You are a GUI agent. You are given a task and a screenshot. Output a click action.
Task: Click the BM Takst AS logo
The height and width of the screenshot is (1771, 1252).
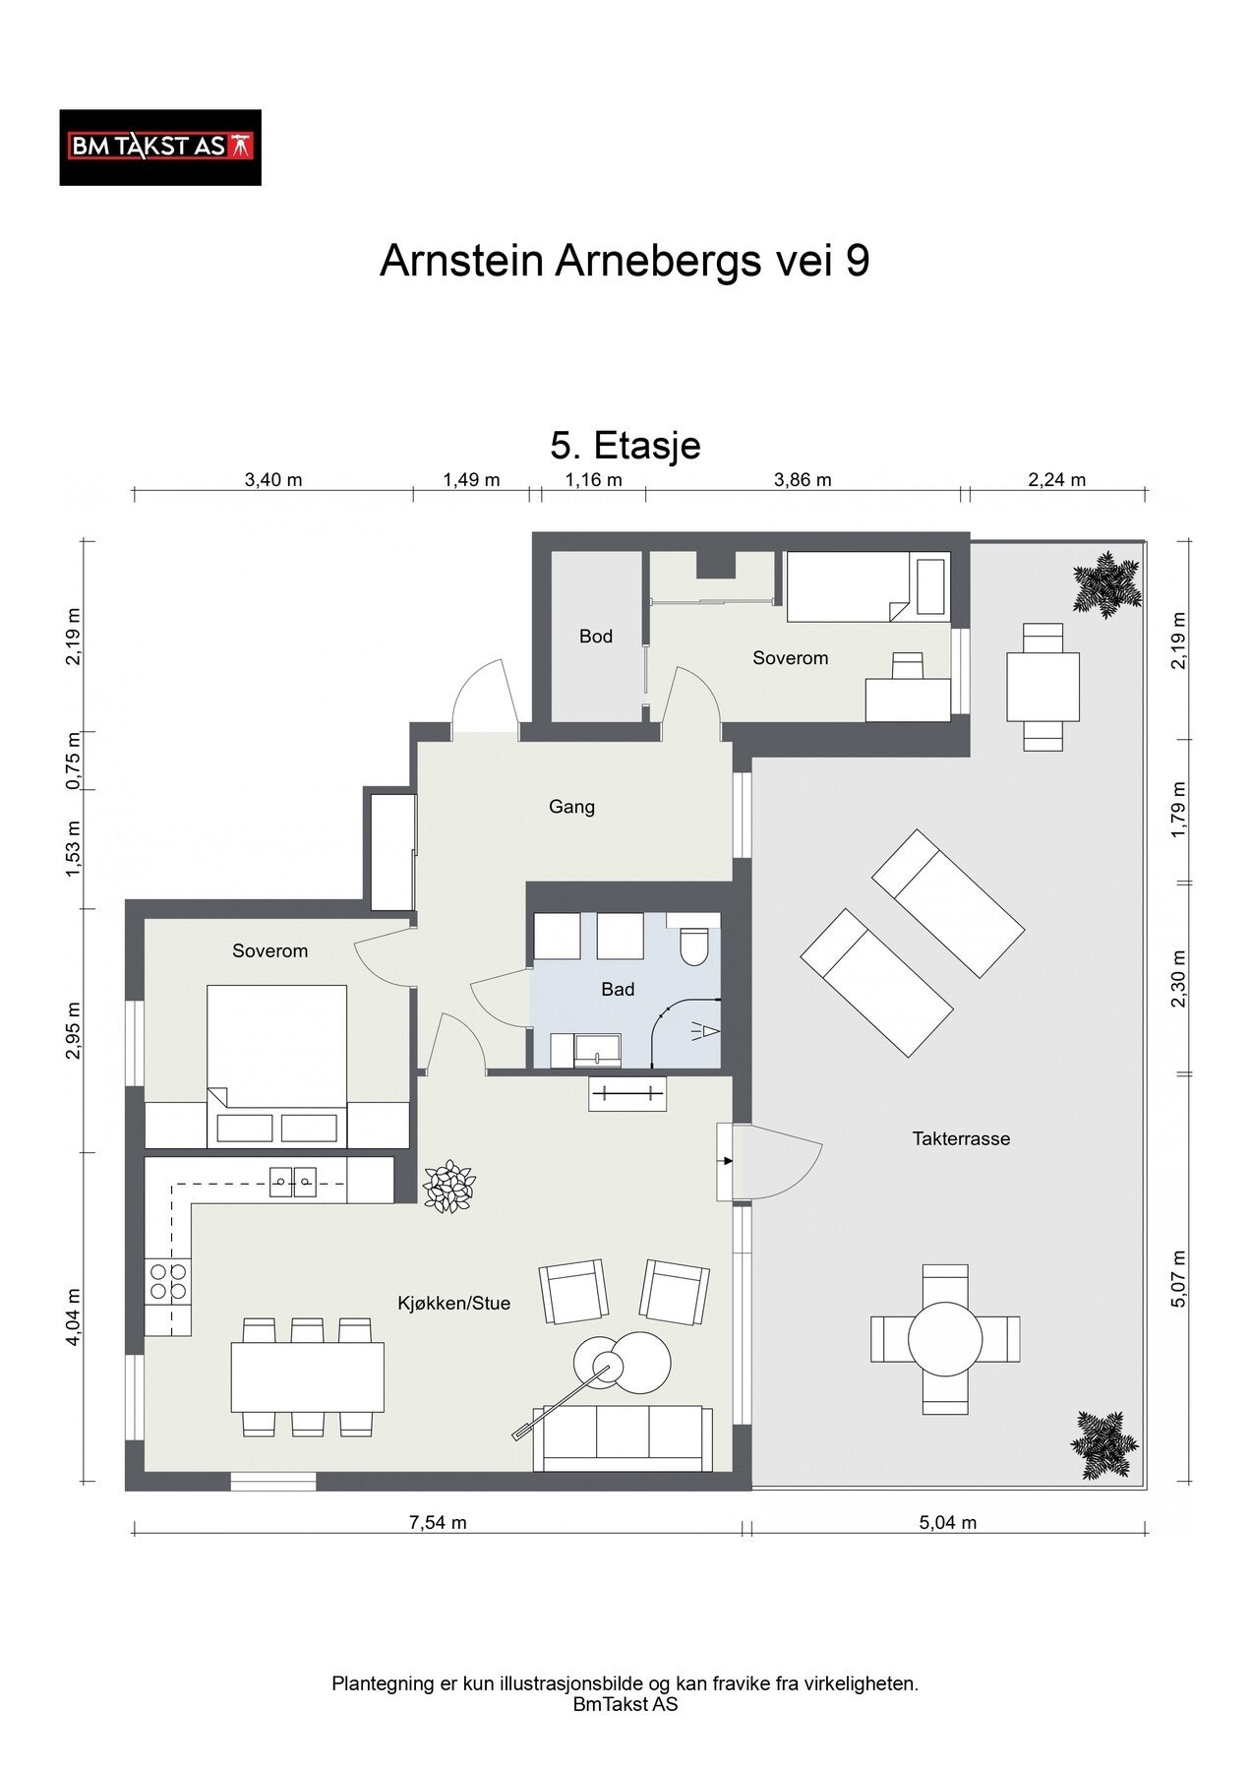point(160,148)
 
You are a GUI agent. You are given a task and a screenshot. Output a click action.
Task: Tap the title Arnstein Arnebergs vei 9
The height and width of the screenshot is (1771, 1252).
point(625,262)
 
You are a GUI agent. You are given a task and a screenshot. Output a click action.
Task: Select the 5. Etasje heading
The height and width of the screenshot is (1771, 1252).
point(626,445)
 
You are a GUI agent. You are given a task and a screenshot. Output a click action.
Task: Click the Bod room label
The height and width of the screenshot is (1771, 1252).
point(596,637)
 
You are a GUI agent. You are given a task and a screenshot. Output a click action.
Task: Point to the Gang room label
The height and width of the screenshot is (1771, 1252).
point(571,807)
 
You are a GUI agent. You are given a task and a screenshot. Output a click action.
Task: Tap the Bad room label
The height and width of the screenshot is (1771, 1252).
point(618,989)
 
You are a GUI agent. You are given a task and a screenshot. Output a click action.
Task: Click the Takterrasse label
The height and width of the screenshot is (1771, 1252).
point(961,1138)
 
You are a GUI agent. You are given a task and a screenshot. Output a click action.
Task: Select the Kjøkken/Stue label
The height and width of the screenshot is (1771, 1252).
point(454,1304)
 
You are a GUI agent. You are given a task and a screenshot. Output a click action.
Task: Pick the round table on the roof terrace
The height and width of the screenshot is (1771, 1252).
point(944,1339)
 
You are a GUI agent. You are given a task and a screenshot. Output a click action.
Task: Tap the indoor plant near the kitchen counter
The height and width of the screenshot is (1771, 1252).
point(448,1187)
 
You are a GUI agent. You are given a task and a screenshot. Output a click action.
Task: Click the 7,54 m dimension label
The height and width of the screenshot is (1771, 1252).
point(438,1523)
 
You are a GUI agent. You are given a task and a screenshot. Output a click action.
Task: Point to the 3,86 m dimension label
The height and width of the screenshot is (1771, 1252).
point(803,480)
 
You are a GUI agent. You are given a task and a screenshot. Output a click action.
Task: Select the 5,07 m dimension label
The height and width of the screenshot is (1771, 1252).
point(1180,1279)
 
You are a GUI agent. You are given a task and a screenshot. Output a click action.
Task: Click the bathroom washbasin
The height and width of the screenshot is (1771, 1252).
point(598,1050)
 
